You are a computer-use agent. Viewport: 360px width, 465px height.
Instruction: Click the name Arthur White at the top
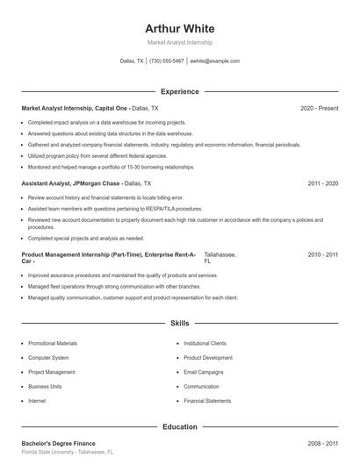(180, 29)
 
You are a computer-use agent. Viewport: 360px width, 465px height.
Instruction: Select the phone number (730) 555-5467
(167, 61)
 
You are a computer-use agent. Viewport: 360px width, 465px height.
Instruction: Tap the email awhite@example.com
(214, 61)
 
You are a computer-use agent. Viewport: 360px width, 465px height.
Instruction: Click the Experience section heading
(180, 91)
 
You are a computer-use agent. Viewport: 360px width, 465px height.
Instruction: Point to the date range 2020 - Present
(319, 108)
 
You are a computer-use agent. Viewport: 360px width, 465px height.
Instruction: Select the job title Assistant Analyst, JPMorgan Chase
(70, 184)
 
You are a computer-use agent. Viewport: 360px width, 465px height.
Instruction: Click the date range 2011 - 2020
(323, 184)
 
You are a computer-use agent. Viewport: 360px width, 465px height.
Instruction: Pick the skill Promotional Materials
(53, 343)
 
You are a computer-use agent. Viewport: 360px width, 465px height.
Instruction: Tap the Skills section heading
(180, 324)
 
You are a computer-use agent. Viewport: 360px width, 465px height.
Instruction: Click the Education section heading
(180, 426)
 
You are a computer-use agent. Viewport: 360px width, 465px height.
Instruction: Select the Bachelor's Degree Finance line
(58, 443)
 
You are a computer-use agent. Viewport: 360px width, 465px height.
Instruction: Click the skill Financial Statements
(207, 400)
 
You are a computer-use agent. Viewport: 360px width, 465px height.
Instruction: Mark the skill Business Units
(45, 386)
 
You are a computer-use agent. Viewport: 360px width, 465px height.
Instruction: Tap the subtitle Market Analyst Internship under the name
(180, 42)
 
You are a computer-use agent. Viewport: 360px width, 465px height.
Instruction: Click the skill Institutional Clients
(205, 343)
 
